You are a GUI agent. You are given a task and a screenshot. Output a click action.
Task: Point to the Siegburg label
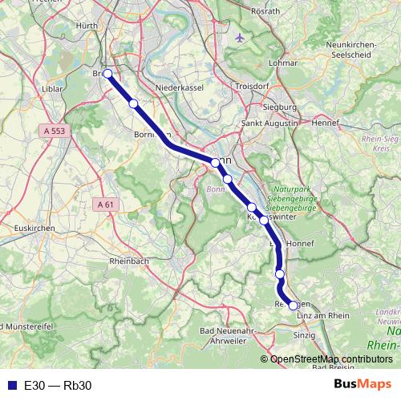click(280, 105)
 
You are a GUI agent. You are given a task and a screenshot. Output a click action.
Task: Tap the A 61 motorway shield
click(105, 205)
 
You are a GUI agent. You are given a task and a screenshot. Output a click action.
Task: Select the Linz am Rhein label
click(324, 316)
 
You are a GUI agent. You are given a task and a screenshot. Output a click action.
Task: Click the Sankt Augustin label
click(270, 124)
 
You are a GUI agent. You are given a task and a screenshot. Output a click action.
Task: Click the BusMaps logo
click(362, 385)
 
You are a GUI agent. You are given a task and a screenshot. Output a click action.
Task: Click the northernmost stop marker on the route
click(107, 73)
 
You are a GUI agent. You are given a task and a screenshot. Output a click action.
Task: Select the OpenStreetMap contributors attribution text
click(330, 359)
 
